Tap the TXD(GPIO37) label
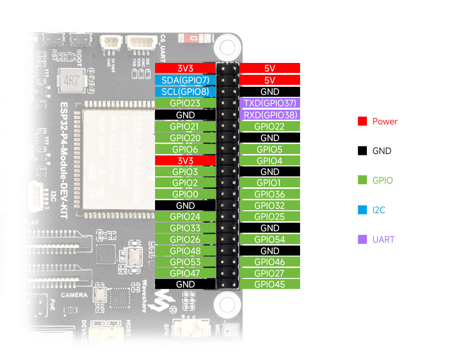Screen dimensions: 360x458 pyautogui.click(x=270, y=103)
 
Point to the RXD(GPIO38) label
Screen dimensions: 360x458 pyautogui.click(x=270, y=115)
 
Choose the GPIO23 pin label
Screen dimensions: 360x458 pyautogui.click(x=185, y=103)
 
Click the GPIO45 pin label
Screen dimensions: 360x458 pyautogui.click(x=270, y=284)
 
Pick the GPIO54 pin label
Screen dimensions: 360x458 pyautogui.click(x=270, y=239)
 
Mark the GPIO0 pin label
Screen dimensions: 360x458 pyautogui.click(x=185, y=194)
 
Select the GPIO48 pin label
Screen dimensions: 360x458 pyautogui.click(x=185, y=251)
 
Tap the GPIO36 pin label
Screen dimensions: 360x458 pyautogui.click(x=270, y=194)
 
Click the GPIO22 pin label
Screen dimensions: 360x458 pyautogui.click(x=270, y=126)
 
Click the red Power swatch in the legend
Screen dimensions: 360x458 pyautogui.click(x=362, y=122)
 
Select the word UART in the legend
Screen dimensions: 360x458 pyautogui.click(x=383, y=239)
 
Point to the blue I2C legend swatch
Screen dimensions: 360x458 pyautogui.click(x=362, y=210)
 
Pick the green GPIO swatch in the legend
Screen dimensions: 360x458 pyautogui.click(x=362, y=180)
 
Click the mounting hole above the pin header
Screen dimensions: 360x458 pyautogui.click(x=227, y=47)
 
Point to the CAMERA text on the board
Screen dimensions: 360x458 pyautogui.click(x=74, y=295)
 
